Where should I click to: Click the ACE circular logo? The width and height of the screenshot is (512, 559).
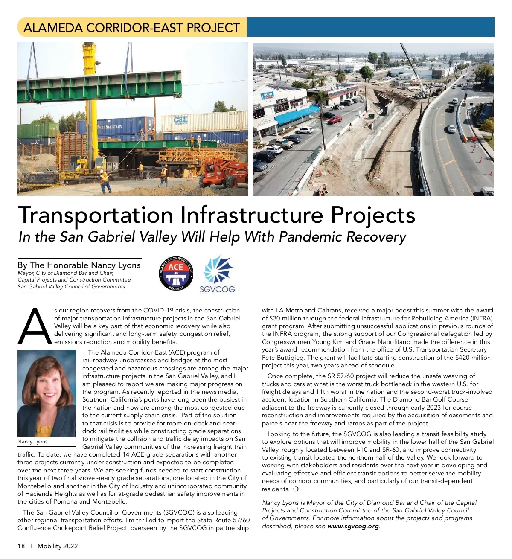[176, 274]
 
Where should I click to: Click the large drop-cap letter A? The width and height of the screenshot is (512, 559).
[35, 326]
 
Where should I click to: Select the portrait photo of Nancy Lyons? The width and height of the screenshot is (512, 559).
[47, 393]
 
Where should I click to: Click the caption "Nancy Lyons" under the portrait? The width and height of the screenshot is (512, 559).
[32, 442]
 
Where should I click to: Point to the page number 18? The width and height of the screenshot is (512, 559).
[21, 546]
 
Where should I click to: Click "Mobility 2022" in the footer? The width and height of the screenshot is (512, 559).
[58, 546]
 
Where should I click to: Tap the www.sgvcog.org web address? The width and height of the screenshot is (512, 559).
[353, 526]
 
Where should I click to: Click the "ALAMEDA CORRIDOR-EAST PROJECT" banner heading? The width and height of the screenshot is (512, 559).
[131, 28]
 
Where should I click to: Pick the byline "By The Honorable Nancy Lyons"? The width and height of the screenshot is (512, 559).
[79, 265]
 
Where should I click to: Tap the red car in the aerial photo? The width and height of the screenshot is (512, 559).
[335, 120]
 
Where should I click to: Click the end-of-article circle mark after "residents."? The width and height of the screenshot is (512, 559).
[296, 489]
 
